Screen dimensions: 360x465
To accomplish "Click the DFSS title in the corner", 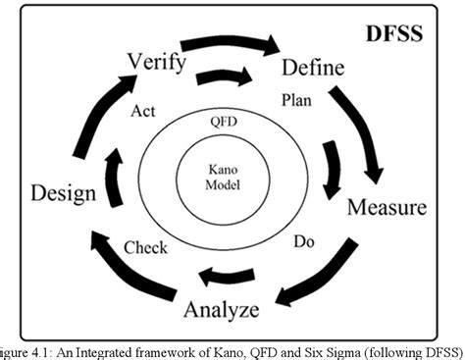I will tap(393, 33).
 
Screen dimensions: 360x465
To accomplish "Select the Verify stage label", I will tap(156, 61).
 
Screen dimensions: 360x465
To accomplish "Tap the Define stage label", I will tap(313, 68).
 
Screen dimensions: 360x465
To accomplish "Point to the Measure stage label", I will tap(387, 208).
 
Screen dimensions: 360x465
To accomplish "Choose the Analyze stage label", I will tap(222, 311).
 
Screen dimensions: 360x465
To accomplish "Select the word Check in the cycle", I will tap(145, 247).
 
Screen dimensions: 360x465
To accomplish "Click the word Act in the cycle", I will tap(142, 111).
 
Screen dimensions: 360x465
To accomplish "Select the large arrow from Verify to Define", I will tap(229, 44).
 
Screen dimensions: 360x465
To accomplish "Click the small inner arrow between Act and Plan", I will tap(225, 77).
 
